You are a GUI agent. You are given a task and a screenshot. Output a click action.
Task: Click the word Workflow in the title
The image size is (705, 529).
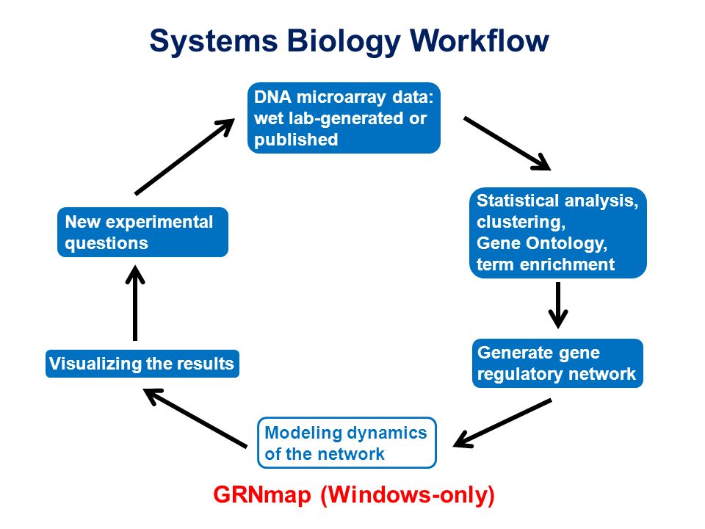480,41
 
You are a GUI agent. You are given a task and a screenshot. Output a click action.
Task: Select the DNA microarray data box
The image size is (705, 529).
344,118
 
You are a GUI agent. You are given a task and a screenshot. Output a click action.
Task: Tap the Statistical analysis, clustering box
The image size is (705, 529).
558,233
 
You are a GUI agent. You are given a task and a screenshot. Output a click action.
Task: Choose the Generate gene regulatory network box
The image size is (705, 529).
557,363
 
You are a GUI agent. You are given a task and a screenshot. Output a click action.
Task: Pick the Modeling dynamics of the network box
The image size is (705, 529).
347,442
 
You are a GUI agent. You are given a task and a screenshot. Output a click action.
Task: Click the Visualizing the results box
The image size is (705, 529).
142,364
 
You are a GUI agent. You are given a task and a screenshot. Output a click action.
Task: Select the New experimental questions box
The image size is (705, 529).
142,232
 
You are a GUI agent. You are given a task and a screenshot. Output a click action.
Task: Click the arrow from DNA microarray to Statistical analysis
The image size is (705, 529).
507,143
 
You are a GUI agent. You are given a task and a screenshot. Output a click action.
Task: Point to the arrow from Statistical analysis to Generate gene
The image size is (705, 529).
558,306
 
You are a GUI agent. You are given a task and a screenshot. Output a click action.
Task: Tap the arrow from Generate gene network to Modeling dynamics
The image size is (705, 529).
502,423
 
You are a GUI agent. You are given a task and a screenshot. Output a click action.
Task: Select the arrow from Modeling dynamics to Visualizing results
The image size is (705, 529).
195,418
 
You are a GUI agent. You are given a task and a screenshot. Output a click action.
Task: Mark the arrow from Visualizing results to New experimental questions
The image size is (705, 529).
135,303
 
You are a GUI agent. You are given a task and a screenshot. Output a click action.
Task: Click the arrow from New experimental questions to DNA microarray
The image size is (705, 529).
185,156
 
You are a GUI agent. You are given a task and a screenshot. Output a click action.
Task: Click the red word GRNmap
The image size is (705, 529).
262,494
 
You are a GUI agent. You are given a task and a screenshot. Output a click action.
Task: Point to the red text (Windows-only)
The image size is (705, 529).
408,495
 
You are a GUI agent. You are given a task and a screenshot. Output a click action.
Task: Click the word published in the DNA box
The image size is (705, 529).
296,140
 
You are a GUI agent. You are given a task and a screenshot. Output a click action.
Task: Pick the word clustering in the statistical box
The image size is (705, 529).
521,222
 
